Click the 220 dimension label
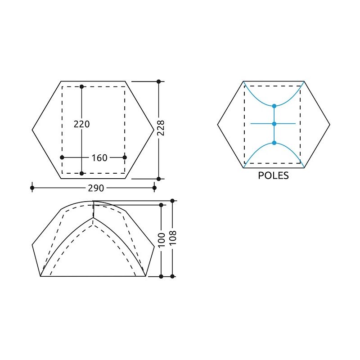coord(82,124)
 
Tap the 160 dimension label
coord(99,158)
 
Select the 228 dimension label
coord(161,128)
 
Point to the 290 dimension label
coord(96,188)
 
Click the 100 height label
coord(162,240)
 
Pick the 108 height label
coord(173,238)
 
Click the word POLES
coord(273,175)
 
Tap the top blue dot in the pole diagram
coord(274,106)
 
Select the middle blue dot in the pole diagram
coord(274,124)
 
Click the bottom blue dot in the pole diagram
coord(274,143)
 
